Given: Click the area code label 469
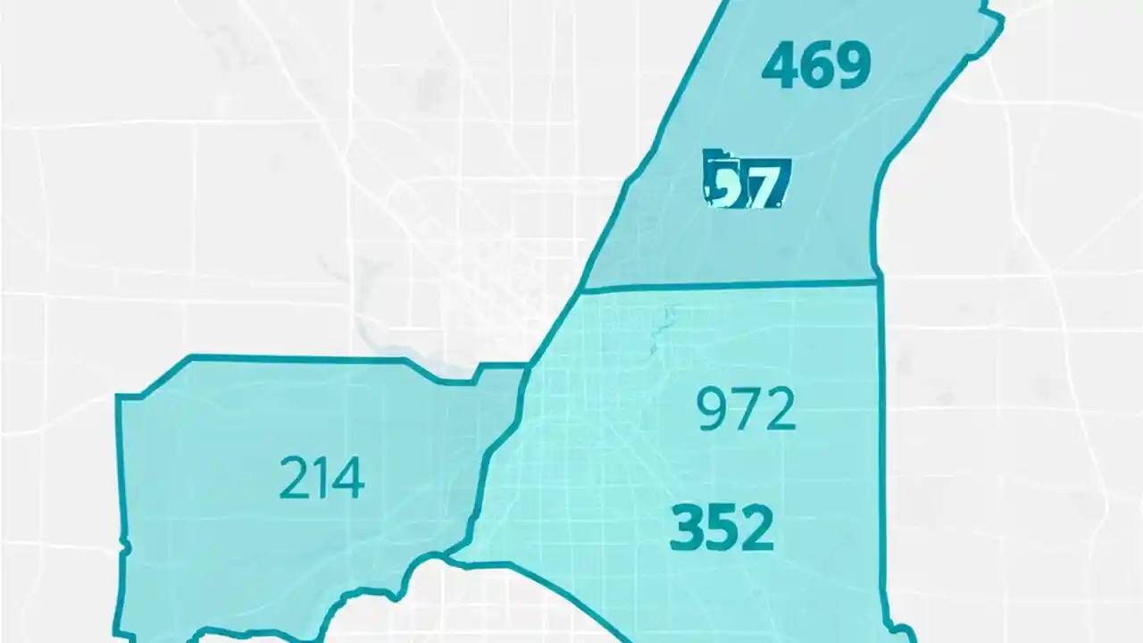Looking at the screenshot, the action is coord(816,66).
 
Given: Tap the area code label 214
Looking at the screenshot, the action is coord(321,479).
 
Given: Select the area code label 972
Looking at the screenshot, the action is coord(746,410).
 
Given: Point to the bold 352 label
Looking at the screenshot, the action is coord(722,527).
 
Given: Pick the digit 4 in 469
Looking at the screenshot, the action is coord(780,66).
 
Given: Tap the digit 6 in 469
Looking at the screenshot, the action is coord(817,66).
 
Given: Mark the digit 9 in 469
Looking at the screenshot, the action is coord(853,66).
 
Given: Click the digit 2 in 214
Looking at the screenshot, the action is coord(294,479).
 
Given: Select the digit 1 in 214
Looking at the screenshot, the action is coord(321,479).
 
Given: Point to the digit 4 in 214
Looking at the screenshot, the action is coord(347,479).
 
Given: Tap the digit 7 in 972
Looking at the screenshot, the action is coord(746,410).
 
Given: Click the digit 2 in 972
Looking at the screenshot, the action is coord(778,410).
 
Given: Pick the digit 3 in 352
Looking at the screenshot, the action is coord(686,527).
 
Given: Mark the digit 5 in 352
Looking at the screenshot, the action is coord(722,527).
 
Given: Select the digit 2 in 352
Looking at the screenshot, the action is coord(756,527).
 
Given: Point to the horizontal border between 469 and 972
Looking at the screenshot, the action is coord(728,286).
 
